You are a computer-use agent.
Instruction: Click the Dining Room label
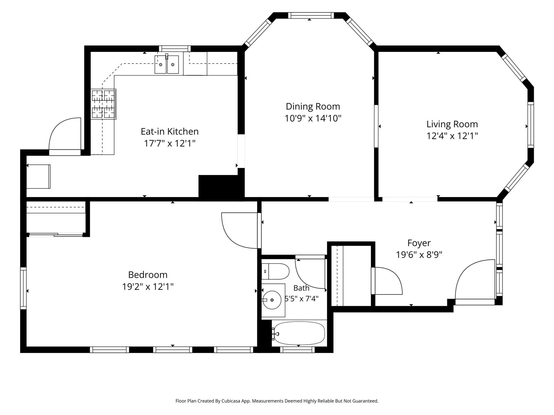[313, 106]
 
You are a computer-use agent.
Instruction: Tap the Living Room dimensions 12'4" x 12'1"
[452, 136]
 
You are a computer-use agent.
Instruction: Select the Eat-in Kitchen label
[170, 131]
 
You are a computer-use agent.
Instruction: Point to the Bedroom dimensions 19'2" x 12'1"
[148, 286]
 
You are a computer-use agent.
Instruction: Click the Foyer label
[419, 243]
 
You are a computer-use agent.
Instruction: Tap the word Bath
[301, 288]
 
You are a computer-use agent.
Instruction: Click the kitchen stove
[104, 104]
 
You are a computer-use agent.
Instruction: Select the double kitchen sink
[167, 64]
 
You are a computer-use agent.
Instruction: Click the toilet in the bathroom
[275, 271]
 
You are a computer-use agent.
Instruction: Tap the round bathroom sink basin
[272, 300]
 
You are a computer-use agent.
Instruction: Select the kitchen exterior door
[65, 136]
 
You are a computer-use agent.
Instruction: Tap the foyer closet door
[387, 281]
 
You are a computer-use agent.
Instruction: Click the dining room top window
[311, 15]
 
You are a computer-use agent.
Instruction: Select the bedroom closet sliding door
[56, 235]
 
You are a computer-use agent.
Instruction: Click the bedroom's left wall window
[24, 288]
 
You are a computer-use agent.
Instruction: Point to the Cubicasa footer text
[277, 401]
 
